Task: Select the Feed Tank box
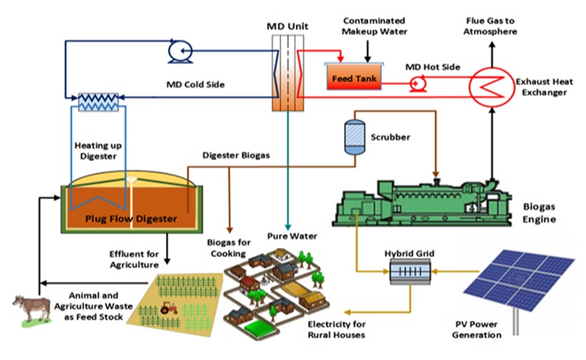[x=352, y=77]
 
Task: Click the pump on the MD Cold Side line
[x=180, y=50]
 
